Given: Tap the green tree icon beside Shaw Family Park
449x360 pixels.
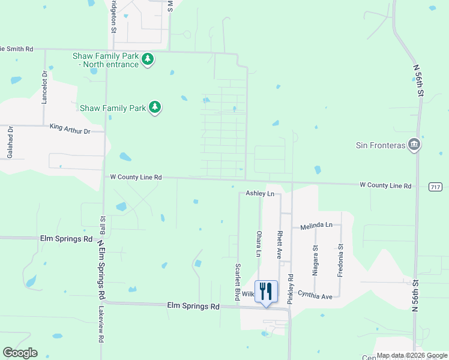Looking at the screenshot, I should (x=155, y=108).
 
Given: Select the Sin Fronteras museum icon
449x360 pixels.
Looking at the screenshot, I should (x=414, y=145).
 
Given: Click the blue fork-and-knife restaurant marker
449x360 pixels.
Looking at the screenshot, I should (x=266, y=292).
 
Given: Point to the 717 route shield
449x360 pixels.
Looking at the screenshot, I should (x=436, y=187).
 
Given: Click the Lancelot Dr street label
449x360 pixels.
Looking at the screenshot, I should (x=44, y=87).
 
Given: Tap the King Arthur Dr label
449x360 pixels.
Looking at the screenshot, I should (x=70, y=128).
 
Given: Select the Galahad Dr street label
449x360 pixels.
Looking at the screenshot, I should (x=10, y=142).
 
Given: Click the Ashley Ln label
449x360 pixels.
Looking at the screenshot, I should (x=260, y=194).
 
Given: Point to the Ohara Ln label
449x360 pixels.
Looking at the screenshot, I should (x=259, y=244).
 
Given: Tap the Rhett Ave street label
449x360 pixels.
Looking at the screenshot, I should (x=280, y=244).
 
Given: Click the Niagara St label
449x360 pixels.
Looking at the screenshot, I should (x=315, y=260).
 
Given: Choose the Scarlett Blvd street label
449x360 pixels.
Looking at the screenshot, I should (x=238, y=281).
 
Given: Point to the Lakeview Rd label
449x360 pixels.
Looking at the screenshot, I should (x=101, y=326).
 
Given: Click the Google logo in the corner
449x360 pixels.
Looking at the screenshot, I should (x=20, y=353).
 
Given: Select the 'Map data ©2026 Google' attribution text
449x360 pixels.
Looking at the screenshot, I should (x=412, y=355).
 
